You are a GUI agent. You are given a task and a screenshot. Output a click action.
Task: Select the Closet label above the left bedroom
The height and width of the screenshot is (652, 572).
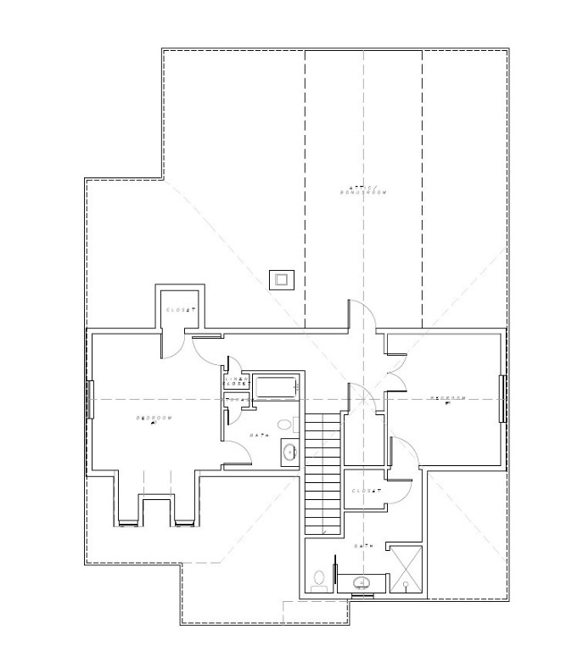[x=181, y=310]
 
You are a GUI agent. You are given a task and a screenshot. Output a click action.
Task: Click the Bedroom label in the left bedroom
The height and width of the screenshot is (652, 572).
[x=154, y=419]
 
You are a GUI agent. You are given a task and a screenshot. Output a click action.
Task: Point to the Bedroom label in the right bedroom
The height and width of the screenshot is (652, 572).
[x=447, y=398]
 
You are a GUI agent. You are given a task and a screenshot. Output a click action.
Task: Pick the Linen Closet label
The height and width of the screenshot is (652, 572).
[x=235, y=381]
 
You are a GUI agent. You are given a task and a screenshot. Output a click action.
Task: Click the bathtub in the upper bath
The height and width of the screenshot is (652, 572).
[x=275, y=387]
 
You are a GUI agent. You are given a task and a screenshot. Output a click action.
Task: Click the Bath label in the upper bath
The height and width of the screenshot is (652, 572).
[x=259, y=436]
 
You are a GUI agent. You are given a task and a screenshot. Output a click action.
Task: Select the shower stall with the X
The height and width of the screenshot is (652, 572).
[x=405, y=567]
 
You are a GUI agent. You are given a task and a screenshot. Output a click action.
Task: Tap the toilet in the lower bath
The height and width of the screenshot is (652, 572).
[x=319, y=580]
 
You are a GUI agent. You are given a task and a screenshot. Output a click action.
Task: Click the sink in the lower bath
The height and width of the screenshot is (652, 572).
[x=362, y=582]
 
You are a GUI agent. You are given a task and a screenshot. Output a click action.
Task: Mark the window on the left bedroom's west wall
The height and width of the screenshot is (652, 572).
[x=89, y=398]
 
